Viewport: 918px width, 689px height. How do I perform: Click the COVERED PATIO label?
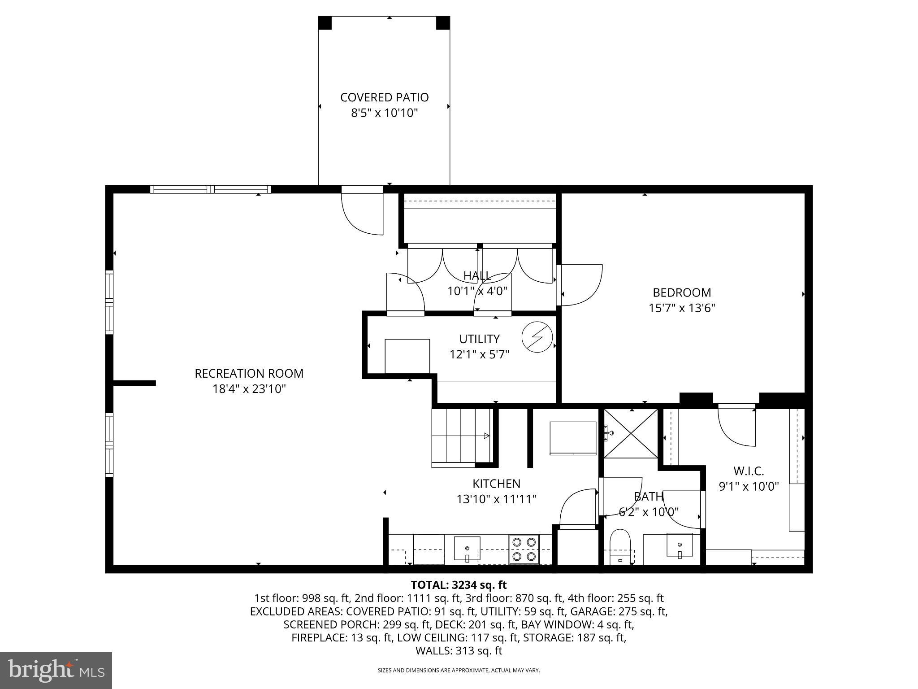tap(384, 97)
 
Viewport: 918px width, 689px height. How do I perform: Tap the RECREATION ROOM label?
tap(249, 373)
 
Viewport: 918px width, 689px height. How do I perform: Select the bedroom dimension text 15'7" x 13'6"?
tap(681, 308)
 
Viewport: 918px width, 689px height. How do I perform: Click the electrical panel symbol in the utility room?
tap(537, 337)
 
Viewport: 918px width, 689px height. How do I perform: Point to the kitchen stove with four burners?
tap(524, 549)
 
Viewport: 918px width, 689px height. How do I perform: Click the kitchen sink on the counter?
tap(467, 549)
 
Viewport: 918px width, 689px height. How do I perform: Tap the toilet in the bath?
tap(620, 546)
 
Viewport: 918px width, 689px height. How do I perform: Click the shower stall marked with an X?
tap(631, 433)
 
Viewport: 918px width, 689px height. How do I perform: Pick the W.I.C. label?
tap(748, 471)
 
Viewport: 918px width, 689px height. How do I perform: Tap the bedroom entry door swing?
tap(580, 285)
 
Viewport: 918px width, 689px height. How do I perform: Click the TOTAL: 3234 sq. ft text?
tap(459, 585)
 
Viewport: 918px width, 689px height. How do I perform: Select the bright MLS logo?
tap(56, 670)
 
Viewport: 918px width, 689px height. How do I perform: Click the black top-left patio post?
tap(325, 23)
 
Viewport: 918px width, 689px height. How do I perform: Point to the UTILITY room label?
tap(479, 339)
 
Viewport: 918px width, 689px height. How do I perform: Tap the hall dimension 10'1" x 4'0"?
tap(477, 291)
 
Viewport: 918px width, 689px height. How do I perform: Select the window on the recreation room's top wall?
tap(211, 189)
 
